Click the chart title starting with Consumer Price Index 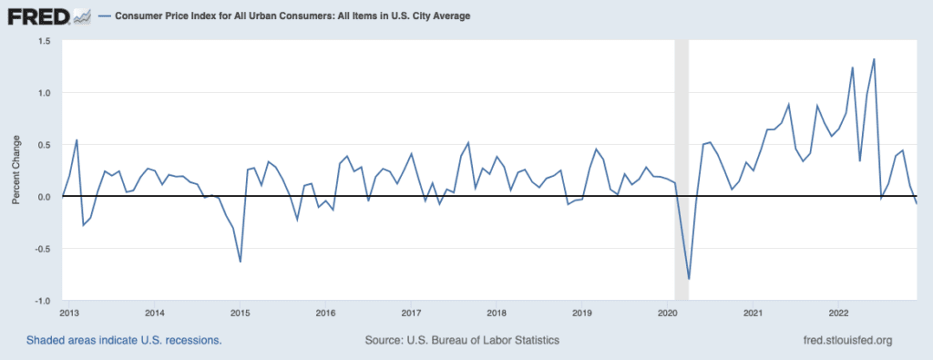pos(292,16)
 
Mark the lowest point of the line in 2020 pos(689,279)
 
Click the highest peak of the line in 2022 pos(874,59)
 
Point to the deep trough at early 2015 pos(240,262)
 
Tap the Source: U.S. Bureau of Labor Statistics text pos(462,340)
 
